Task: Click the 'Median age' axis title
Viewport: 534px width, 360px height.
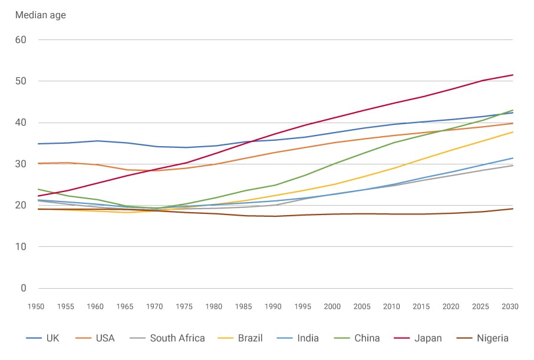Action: pos(40,15)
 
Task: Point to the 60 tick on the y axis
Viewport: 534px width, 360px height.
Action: pos(21,40)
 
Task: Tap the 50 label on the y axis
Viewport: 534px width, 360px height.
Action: pos(21,81)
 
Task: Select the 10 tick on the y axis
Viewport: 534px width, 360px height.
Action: pos(21,247)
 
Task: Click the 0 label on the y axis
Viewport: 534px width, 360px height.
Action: pos(24,288)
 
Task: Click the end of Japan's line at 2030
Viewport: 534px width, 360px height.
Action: pos(512,75)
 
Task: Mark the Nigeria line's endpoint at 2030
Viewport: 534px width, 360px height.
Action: pos(512,209)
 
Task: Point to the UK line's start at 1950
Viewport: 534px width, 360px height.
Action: pos(38,144)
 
